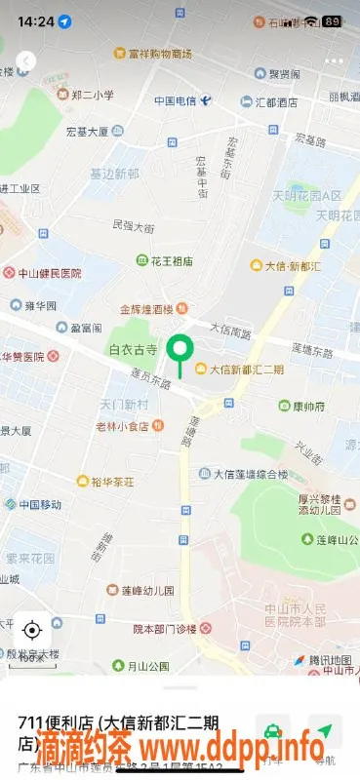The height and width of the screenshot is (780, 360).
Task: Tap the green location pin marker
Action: [180, 353]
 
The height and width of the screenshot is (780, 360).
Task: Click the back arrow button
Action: [25, 61]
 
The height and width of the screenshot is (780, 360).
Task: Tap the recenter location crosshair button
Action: [32, 630]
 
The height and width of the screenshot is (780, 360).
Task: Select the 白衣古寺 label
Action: [133, 349]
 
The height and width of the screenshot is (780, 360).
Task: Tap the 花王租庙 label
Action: [171, 261]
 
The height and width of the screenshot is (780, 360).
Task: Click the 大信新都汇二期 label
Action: [246, 370]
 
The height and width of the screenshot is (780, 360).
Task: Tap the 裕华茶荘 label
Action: [112, 481]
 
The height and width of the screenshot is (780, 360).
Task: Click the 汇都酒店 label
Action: [275, 101]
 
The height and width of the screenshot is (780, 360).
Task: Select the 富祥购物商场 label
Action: [159, 54]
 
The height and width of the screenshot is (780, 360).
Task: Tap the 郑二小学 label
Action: [93, 96]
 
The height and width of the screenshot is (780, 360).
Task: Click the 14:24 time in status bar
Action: [35, 20]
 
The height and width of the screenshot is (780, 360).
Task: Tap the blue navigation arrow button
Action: [324, 731]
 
